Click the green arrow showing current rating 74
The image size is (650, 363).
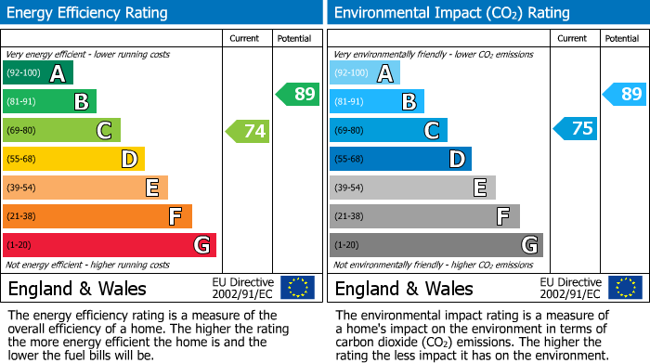click(248, 131)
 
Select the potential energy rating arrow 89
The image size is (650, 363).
click(297, 94)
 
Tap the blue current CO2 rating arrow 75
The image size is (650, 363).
click(575, 129)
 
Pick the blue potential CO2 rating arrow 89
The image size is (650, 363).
click(624, 94)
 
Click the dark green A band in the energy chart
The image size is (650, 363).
click(38, 73)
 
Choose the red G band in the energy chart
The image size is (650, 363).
click(110, 245)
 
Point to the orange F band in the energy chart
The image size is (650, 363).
click(97, 216)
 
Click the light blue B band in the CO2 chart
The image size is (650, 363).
click(377, 101)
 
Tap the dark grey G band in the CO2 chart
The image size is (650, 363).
click(435, 245)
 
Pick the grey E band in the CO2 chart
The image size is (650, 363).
click(412, 188)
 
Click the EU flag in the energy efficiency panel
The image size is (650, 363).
click(297, 287)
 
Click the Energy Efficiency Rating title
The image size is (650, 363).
click(88, 13)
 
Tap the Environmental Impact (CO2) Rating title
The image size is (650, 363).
click(451, 13)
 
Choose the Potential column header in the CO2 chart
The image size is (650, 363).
click(622, 38)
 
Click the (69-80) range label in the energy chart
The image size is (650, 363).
click(22, 131)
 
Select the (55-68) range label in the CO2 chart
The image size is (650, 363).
click(349, 160)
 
